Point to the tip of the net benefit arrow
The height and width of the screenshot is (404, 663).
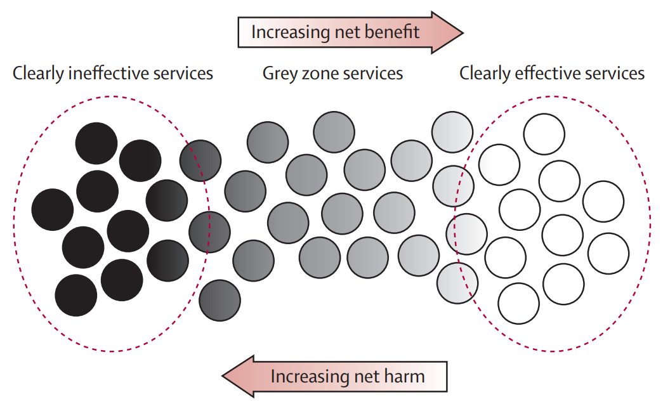(463, 32)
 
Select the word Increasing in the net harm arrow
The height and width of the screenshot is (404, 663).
(310, 376)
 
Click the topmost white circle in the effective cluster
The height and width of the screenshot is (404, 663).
(544, 133)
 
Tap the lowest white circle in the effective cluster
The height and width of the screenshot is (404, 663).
(518, 303)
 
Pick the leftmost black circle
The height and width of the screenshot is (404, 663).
(53, 209)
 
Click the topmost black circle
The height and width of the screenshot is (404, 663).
(96, 143)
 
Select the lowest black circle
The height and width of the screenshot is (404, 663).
(76, 295)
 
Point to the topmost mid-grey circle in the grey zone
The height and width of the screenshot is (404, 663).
(334, 131)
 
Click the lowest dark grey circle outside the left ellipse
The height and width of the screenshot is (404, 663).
(220, 299)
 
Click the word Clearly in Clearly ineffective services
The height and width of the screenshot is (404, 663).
(39, 73)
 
